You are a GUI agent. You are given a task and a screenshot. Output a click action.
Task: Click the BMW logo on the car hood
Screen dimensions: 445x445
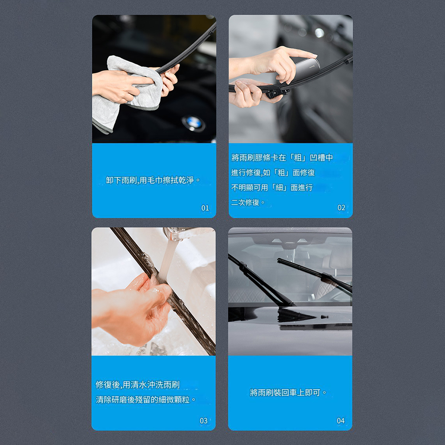pyautogui.click(x=193, y=124)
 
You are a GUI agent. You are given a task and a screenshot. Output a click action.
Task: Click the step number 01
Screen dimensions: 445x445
pyautogui.click(x=205, y=208)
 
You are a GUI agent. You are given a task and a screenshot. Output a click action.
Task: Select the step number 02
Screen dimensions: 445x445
pyautogui.click(x=341, y=208)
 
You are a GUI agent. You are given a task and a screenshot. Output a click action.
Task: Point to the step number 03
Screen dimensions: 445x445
pyautogui.click(x=203, y=421)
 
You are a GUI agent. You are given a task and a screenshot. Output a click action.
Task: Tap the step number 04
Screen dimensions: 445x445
pyautogui.click(x=340, y=421)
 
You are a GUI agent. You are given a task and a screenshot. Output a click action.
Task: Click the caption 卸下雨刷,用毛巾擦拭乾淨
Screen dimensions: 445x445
pyautogui.click(x=153, y=180)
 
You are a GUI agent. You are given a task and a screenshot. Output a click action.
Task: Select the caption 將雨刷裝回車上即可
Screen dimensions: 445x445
pyautogui.click(x=288, y=392)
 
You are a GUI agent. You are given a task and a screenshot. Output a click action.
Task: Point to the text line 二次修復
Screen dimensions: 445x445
pyautogui.click(x=248, y=202)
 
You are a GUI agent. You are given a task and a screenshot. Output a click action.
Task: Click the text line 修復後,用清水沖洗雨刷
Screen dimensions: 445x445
pyautogui.click(x=138, y=385)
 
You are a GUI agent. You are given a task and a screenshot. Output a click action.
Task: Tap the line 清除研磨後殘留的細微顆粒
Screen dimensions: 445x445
pyautogui.click(x=146, y=400)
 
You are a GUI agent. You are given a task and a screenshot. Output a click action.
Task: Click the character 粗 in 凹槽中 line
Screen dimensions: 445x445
pyautogui.click(x=298, y=158)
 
